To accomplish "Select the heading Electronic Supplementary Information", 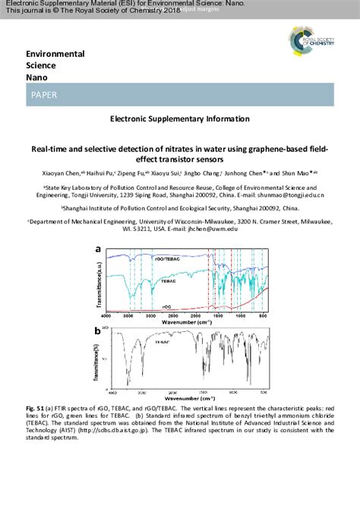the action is (179, 119).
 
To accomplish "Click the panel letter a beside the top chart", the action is (97, 248).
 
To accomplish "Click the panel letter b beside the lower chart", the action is (97, 331).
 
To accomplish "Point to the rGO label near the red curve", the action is (165, 305).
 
